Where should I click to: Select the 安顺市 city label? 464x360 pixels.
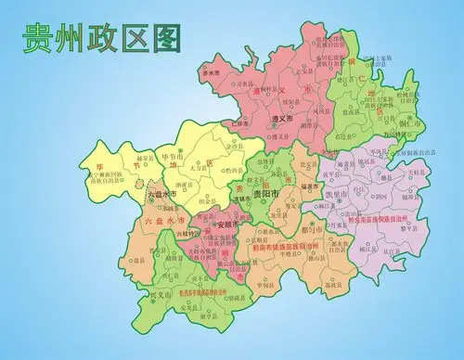[x=226, y=225]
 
